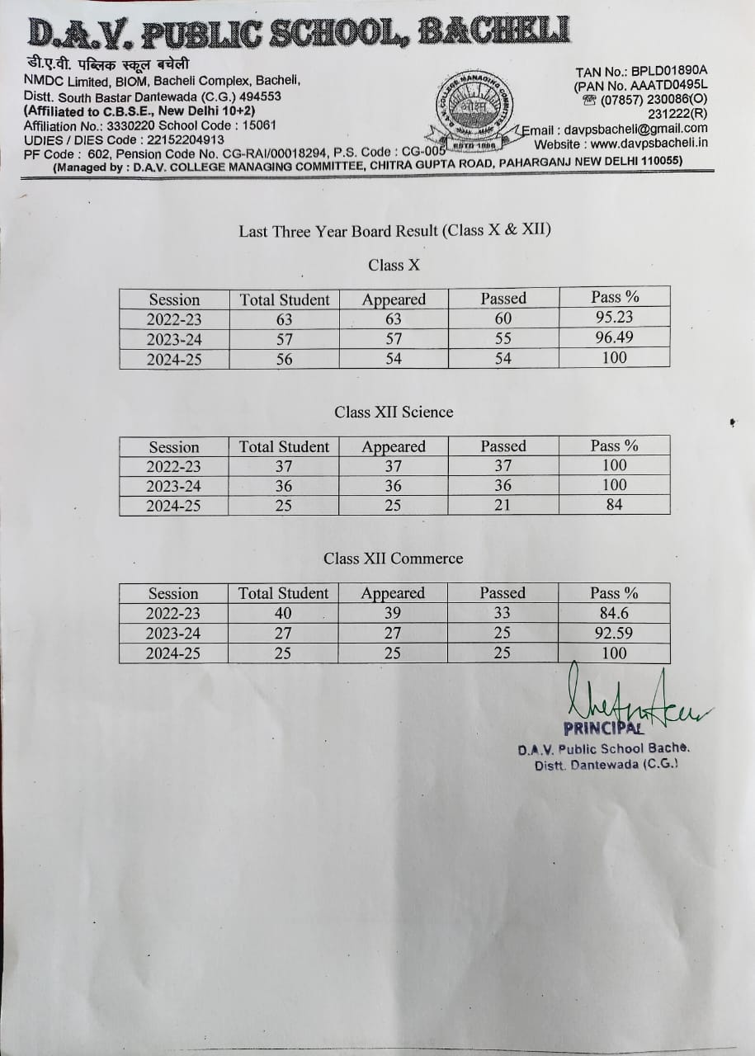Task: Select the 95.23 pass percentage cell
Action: (x=614, y=318)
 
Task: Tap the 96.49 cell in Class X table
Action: (x=614, y=337)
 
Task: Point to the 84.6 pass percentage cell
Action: (x=614, y=613)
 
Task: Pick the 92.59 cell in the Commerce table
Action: (x=614, y=633)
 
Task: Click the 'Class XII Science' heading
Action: (x=394, y=412)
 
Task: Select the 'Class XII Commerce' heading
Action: (x=394, y=559)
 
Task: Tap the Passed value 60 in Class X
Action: (x=503, y=318)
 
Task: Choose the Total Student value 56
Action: (x=284, y=359)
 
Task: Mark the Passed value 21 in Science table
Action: (x=503, y=505)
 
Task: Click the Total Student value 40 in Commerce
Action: (x=283, y=613)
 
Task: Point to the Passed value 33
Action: (x=502, y=613)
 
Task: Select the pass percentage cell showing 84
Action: (x=614, y=505)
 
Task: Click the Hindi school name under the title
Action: (x=107, y=64)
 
